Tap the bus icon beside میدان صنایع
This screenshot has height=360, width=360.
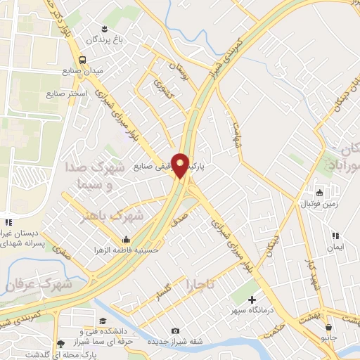83,60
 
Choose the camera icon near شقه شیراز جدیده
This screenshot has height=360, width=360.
175,331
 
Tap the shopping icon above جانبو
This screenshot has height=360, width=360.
328,328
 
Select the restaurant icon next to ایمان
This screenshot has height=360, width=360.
336,236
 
